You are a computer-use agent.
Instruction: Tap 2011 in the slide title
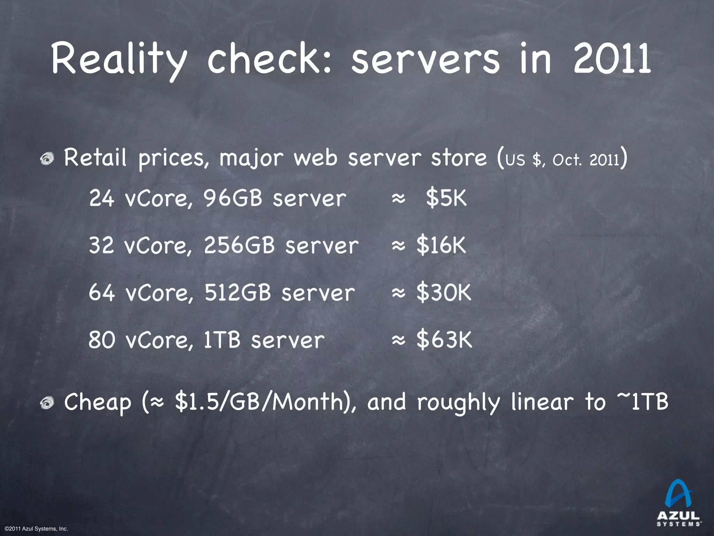pos(612,58)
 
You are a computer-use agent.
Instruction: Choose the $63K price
pos(444,340)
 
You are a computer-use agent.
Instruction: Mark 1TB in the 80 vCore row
pos(222,340)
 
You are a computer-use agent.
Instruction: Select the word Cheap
pos(98,402)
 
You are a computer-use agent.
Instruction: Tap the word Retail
pos(95,158)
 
